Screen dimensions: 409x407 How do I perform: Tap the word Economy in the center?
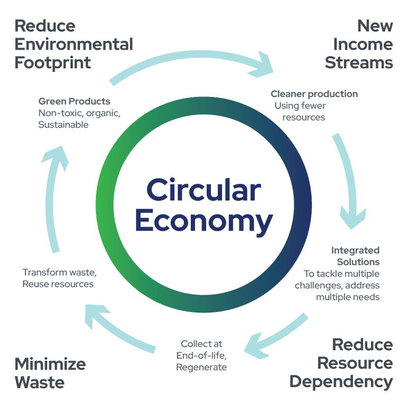point(203,221)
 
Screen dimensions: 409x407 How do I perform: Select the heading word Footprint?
point(52,63)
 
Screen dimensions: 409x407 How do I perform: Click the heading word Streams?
point(359,63)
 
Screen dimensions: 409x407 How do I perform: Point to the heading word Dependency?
point(341,381)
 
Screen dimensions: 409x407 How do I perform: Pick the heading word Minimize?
point(50,364)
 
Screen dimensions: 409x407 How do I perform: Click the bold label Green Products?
point(74,101)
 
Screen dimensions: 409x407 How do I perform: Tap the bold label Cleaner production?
point(314,94)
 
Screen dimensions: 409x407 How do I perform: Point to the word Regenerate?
point(201,367)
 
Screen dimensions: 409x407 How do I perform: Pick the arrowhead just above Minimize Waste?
point(96,316)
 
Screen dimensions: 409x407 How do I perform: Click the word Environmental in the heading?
point(74,44)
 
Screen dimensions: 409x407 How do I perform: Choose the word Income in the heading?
point(359,44)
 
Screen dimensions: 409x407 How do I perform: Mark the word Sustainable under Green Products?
point(63,125)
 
